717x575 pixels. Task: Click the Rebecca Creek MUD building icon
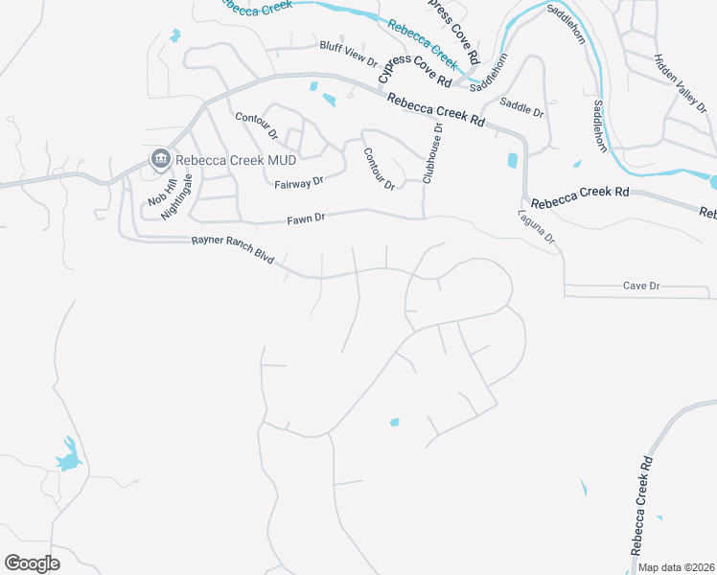tap(159, 158)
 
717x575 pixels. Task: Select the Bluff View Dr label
tap(350, 52)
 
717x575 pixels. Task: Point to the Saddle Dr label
tap(522, 108)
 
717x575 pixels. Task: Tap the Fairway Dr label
tap(299, 182)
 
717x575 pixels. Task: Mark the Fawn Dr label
tap(307, 218)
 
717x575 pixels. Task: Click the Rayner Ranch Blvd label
tap(233, 250)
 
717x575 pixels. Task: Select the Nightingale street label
tap(175, 197)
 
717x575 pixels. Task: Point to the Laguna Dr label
tap(537, 231)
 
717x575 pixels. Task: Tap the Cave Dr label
tap(641, 286)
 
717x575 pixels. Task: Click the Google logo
tap(32, 563)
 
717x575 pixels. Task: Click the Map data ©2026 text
tap(676, 567)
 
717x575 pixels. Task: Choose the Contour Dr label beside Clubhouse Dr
tap(380, 168)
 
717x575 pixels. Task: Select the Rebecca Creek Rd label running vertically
tap(640, 505)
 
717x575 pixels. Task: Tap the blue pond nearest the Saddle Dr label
tap(512, 161)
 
